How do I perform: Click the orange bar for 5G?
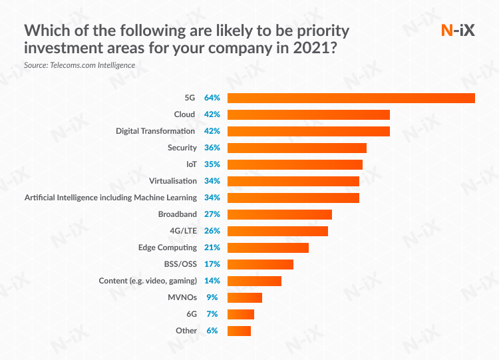pyautogui.click(x=351, y=98)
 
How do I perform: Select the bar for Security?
pyautogui.click(x=297, y=148)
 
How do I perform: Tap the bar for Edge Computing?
pyautogui.click(x=267, y=248)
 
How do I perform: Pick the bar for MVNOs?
pyautogui.click(x=244, y=297)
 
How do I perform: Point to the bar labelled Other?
pyautogui.click(x=239, y=331)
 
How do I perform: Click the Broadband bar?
pyautogui.click(x=279, y=214)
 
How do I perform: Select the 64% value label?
pyautogui.click(x=212, y=98)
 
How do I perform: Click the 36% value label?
pyautogui.click(x=212, y=148)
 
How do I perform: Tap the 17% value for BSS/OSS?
pyautogui.click(x=212, y=264)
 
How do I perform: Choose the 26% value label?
pyautogui.click(x=212, y=231)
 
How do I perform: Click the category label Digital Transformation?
pyautogui.click(x=155, y=131)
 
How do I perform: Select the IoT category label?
pyautogui.click(x=191, y=164)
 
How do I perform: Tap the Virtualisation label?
pyautogui.click(x=173, y=181)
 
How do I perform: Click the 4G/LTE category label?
pyautogui.click(x=183, y=231)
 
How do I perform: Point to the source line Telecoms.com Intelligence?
pyautogui.click(x=79, y=65)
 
